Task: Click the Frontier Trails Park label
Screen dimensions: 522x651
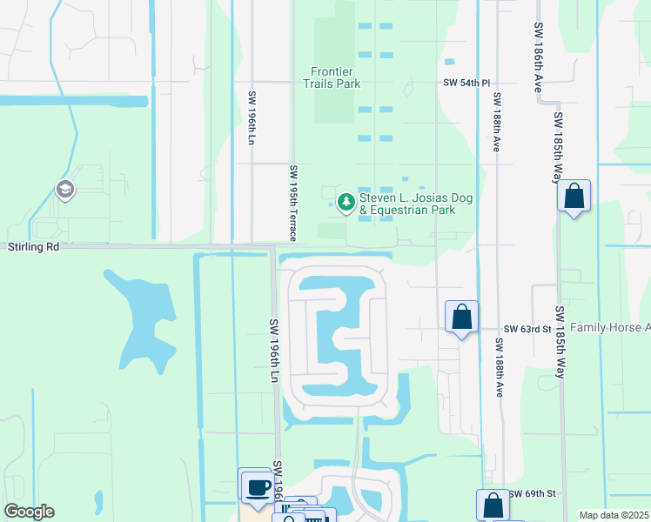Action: pyautogui.click(x=336, y=77)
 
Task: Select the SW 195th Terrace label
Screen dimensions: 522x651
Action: pyautogui.click(x=294, y=204)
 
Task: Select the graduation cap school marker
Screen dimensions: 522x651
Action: pyautogui.click(x=64, y=189)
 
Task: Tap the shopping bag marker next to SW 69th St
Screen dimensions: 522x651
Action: pyautogui.click(x=492, y=505)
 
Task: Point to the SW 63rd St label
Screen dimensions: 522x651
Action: pyautogui.click(x=528, y=330)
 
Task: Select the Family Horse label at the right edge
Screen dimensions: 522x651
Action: pyautogui.click(x=621, y=328)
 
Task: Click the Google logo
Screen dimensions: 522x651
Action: pyautogui.click(x=29, y=512)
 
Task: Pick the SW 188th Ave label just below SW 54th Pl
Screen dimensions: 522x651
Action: pyautogui.click(x=496, y=122)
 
